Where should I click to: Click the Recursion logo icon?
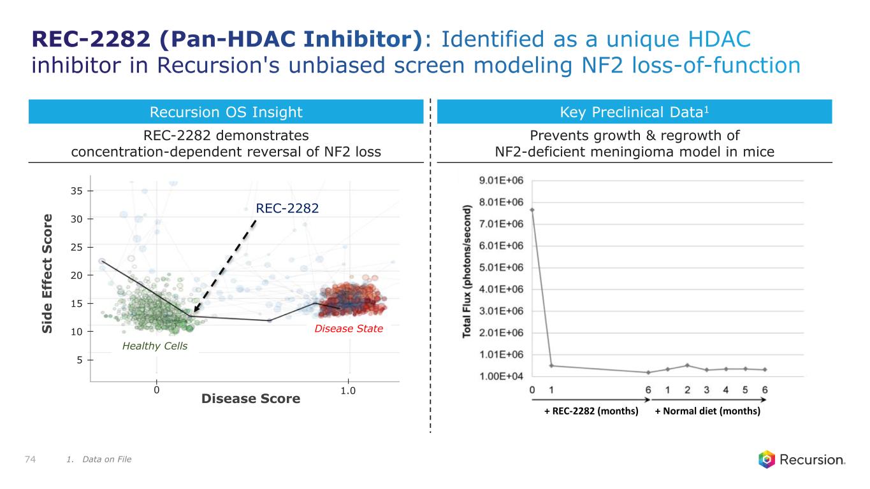767,459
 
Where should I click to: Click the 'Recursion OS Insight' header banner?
226,113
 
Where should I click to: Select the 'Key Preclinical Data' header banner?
634,113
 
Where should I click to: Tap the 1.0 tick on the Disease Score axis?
348,390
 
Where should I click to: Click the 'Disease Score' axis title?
250,399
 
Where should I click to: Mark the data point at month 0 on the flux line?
532,209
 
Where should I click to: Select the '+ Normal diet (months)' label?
707,411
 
